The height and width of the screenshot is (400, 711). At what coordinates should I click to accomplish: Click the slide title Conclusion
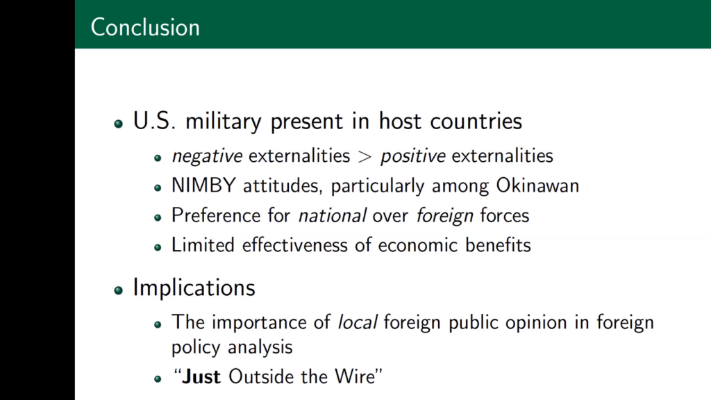[x=145, y=27]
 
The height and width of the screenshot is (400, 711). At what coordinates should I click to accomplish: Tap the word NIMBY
[x=203, y=185]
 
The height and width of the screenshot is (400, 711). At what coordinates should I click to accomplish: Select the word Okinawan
[x=537, y=185]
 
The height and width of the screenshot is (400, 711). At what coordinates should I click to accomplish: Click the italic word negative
[x=207, y=156]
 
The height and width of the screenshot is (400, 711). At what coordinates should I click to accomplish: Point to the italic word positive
[x=412, y=156]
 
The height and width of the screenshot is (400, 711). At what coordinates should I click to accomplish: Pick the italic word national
[x=332, y=215]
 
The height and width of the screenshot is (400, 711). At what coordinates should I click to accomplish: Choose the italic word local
[x=358, y=322]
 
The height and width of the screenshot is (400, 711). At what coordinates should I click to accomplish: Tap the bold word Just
[x=201, y=377]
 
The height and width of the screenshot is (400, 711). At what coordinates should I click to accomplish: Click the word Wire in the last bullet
[x=355, y=377]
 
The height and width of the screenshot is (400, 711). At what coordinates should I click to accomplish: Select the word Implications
[x=194, y=288]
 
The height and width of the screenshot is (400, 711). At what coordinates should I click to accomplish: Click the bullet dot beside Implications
[x=119, y=290]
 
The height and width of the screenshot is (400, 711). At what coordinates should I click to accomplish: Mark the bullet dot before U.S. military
[x=119, y=124]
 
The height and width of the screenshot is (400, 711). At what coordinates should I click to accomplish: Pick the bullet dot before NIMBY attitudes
[x=158, y=187]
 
